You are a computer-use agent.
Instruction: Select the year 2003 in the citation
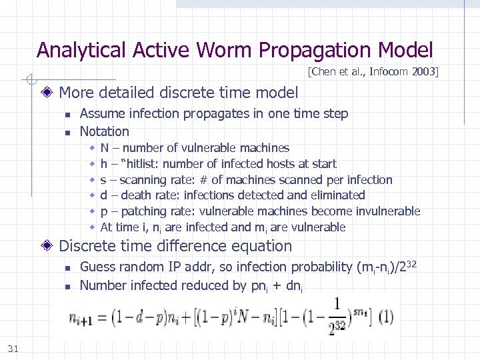pos(423,71)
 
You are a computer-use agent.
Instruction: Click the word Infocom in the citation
pos(385,71)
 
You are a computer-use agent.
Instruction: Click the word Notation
pos(104,131)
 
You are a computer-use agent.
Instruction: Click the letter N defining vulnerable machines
pos(104,148)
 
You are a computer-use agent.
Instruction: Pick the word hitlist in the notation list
pos(139,164)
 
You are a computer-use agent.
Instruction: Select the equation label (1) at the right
pos(385,317)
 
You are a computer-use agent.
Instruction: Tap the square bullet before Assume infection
pos(67,115)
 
